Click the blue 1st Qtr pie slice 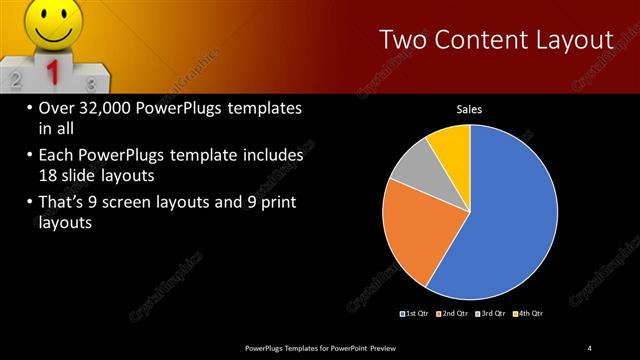click(510, 220)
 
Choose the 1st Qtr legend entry click(413, 313)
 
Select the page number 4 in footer click(590, 347)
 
